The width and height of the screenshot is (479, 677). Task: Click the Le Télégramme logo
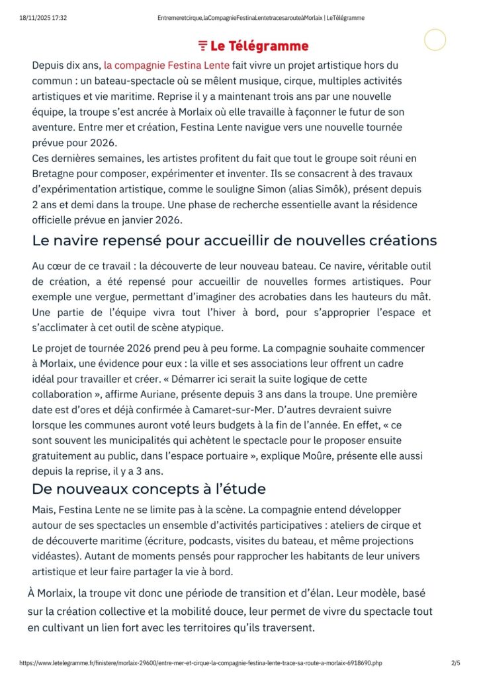tap(253, 46)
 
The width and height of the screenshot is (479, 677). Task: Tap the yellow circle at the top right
tap(435, 40)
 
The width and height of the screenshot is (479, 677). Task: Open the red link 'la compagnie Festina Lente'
tap(167, 65)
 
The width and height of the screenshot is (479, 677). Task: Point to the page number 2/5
tap(455, 662)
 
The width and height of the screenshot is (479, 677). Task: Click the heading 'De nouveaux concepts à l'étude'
tap(149, 489)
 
